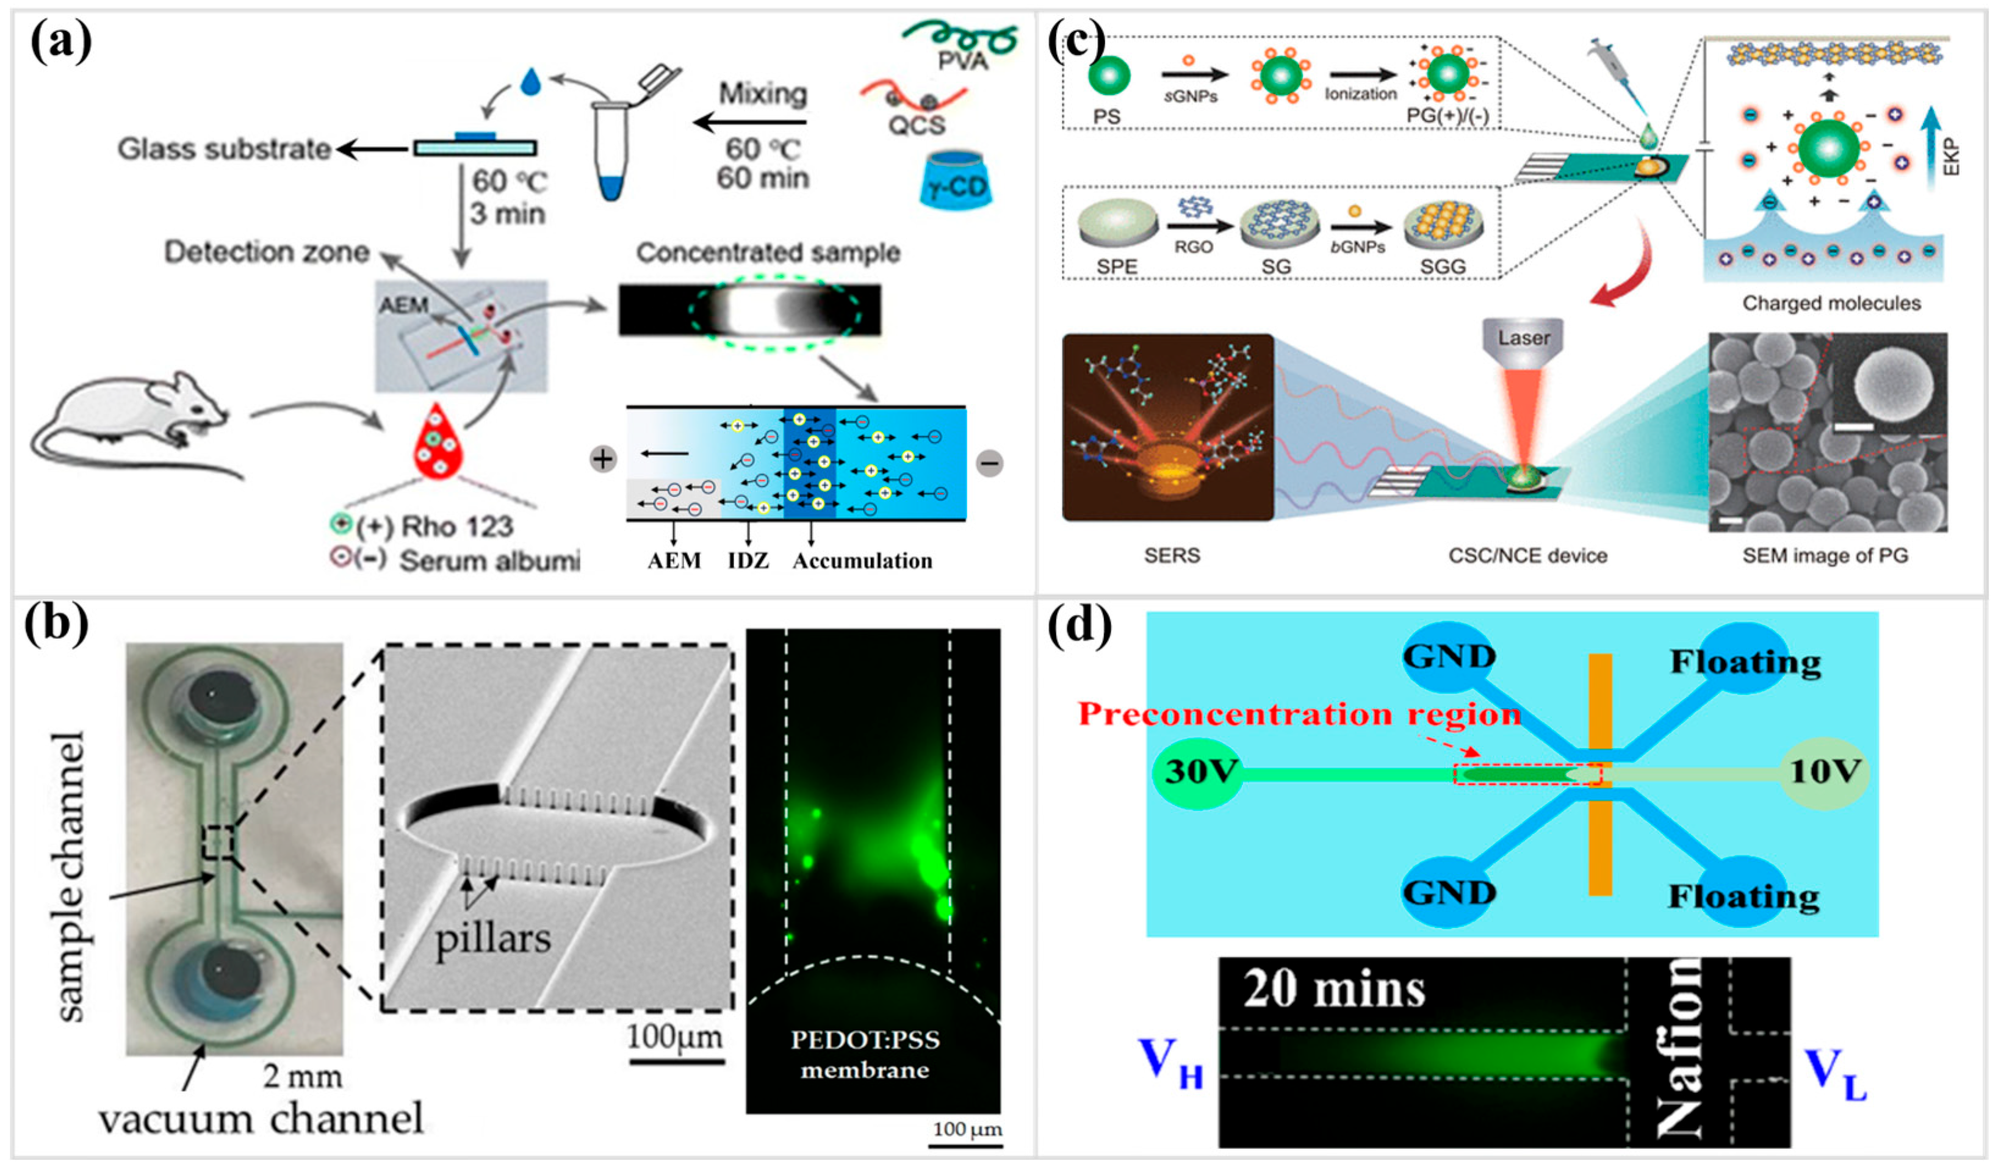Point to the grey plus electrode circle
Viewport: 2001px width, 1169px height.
(x=603, y=459)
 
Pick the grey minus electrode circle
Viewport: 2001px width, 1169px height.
(x=989, y=462)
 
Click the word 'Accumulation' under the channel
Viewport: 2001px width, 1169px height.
(x=862, y=561)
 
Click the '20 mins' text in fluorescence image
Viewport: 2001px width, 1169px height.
(x=1334, y=990)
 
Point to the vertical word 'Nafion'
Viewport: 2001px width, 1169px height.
(x=1680, y=1048)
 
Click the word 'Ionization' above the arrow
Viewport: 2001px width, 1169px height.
(x=1360, y=94)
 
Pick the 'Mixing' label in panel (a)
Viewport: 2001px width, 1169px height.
(x=762, y=94)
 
